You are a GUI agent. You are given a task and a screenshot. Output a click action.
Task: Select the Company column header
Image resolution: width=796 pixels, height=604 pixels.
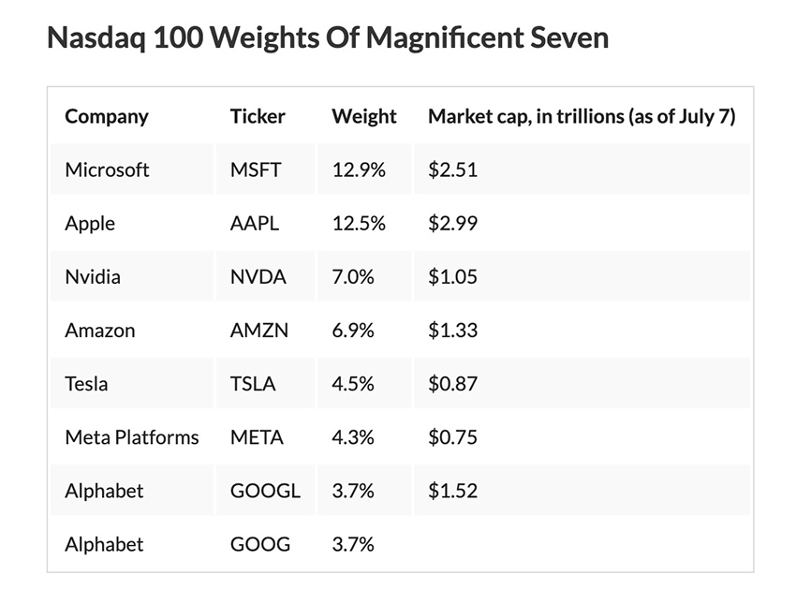[106, 117]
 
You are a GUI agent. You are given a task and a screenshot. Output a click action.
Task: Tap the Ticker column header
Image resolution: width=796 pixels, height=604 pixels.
[258, 117]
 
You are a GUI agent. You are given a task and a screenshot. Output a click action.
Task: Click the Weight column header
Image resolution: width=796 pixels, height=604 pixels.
[363, 117]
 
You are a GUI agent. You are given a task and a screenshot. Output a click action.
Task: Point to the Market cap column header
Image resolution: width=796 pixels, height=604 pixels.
[581, 117]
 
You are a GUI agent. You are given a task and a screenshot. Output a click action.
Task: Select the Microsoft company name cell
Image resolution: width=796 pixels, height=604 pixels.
[107, 170]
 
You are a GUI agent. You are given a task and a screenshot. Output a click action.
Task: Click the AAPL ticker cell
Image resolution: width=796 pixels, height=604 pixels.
[255, 224]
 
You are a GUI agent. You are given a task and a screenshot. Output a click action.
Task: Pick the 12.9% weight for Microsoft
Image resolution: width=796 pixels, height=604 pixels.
[360, 170]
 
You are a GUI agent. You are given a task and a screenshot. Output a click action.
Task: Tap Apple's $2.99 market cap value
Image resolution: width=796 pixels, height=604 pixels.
[452, 224]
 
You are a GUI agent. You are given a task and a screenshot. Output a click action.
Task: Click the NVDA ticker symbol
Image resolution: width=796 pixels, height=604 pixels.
[258, 277]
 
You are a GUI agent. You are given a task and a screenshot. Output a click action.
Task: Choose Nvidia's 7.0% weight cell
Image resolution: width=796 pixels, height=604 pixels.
[353, 277]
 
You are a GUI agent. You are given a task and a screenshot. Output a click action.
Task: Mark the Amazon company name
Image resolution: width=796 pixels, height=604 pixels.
[99, 331]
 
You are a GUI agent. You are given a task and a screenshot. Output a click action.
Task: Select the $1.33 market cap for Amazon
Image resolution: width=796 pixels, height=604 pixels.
[452, 331]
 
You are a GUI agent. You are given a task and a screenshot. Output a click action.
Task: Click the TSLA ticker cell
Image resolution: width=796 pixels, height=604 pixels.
[253, 384]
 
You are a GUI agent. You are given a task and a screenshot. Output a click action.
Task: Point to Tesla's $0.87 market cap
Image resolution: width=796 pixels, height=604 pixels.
[452, 384]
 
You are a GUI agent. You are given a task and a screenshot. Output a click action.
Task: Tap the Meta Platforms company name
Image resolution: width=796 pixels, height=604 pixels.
[131, 437]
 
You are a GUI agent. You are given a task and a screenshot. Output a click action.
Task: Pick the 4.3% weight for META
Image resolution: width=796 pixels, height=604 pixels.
[353, 437]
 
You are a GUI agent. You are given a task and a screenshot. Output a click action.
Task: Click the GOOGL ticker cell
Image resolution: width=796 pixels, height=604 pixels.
[265, 491]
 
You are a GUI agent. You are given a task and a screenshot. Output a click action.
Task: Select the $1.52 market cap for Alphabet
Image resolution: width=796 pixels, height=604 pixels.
[452, 491]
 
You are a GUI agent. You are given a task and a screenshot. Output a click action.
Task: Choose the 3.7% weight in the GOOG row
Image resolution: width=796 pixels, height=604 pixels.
[353, 544]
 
